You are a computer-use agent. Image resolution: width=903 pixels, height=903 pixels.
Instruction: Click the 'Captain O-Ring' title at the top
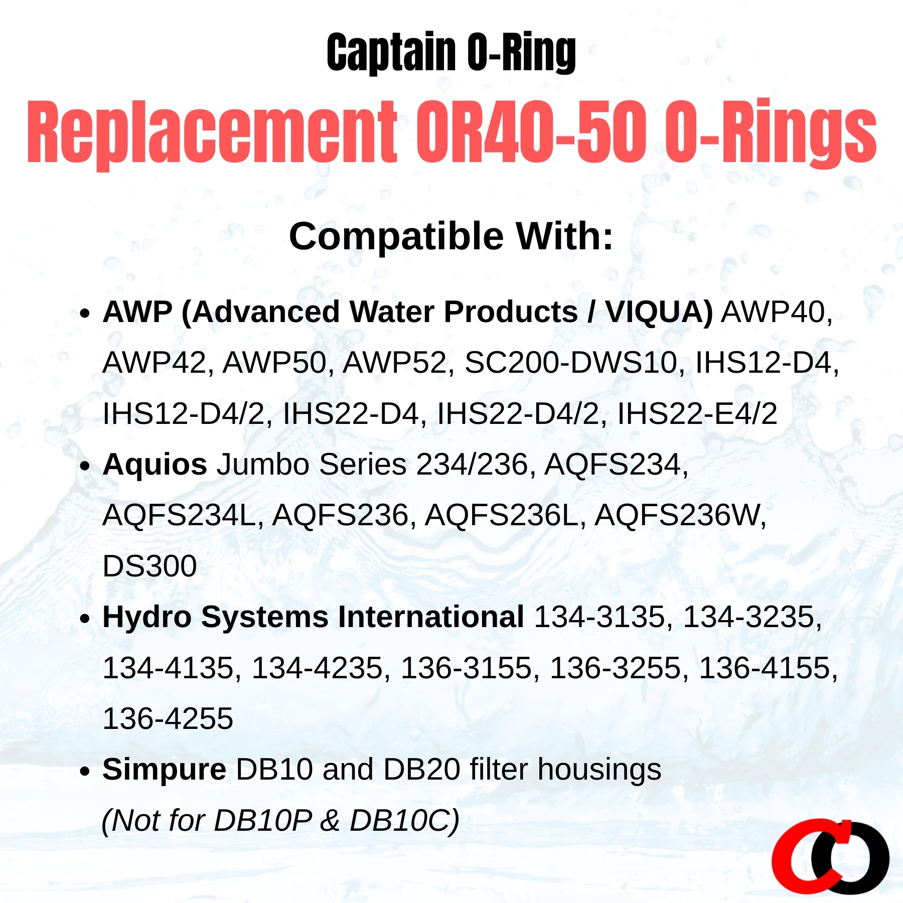pos(451,53)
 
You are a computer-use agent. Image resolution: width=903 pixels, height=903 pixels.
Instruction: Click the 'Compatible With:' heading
pos(451,236)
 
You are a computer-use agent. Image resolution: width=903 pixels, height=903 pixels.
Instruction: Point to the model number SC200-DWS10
pos(571,363)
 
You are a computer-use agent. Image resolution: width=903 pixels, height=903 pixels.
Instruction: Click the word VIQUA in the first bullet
pos(658,312)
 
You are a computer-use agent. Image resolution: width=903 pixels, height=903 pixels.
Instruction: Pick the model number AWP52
pos(394,363)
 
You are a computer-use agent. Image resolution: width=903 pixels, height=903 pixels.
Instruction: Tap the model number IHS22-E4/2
pos(697,414)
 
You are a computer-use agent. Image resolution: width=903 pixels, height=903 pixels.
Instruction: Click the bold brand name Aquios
pos(155,465)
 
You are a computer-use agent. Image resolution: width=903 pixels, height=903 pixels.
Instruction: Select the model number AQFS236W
pos(680,515)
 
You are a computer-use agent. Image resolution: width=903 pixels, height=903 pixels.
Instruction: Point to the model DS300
pos(149,566)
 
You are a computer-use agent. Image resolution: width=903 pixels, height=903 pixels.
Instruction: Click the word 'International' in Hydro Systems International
pos(431,617)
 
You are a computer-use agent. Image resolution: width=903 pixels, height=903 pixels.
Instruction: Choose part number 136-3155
pos(466,668)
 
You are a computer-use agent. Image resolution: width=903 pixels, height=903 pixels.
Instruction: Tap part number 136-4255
pos(168,718)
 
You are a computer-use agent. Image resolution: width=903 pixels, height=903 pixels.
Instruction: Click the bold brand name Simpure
pos(164,770)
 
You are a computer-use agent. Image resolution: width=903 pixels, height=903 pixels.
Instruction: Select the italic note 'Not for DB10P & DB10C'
pos(280,821)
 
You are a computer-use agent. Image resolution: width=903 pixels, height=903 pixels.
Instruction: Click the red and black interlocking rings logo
pos(830,856)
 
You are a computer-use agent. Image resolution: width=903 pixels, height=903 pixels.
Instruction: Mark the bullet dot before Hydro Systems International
pos(85,618)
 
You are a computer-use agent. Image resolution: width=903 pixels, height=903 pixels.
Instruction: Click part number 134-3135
pos(599,617)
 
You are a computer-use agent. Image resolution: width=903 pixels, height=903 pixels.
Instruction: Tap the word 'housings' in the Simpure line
pos(599,770)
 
